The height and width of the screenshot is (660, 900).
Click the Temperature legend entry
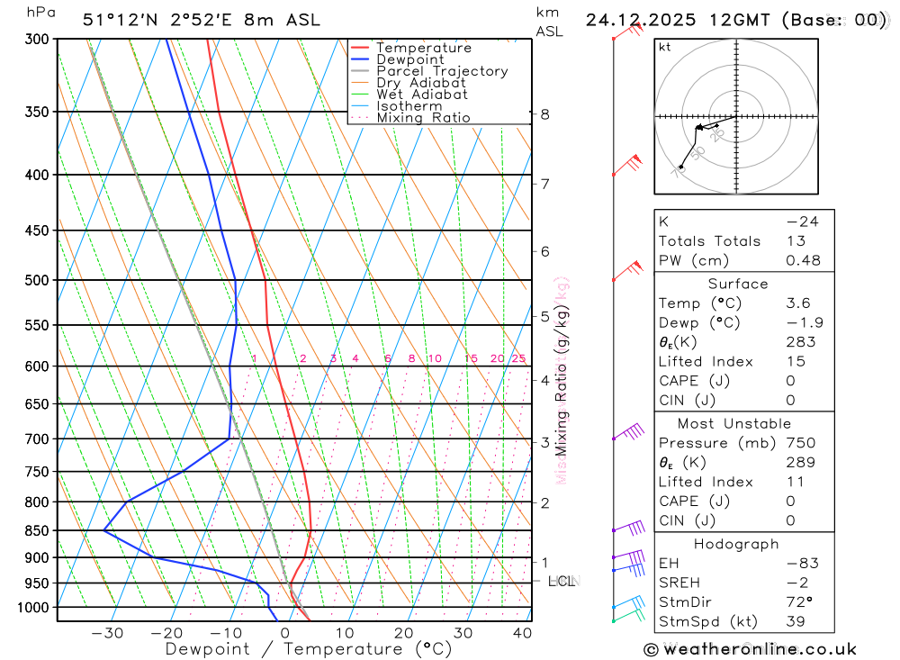pyautogui.click(x=423, y=48)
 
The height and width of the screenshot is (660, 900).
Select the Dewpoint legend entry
pyautogui.click(x=409, y=59)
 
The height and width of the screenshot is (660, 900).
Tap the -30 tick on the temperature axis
pyautogui.click(x=107, y=633)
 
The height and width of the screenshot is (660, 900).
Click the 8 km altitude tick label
pyautogui.click(x=544, y=114)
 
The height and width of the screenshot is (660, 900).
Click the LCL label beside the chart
pyautogui.click(x=562, y=582)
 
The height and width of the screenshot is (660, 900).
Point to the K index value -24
pyautogui.click(x=801, y=222)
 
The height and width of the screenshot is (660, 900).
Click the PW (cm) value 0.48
pyautogui.click(x=803, y=261)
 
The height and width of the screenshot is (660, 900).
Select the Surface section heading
pyautogui.click(x=738, y=284)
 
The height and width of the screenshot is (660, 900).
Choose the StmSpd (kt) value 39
pyautogui.click(x=796, y=621)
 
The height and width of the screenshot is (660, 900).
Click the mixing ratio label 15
pyautogui.click(x=471, y=359)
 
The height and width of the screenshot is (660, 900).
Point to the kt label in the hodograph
pyautogui.click(x=665, y=48)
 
